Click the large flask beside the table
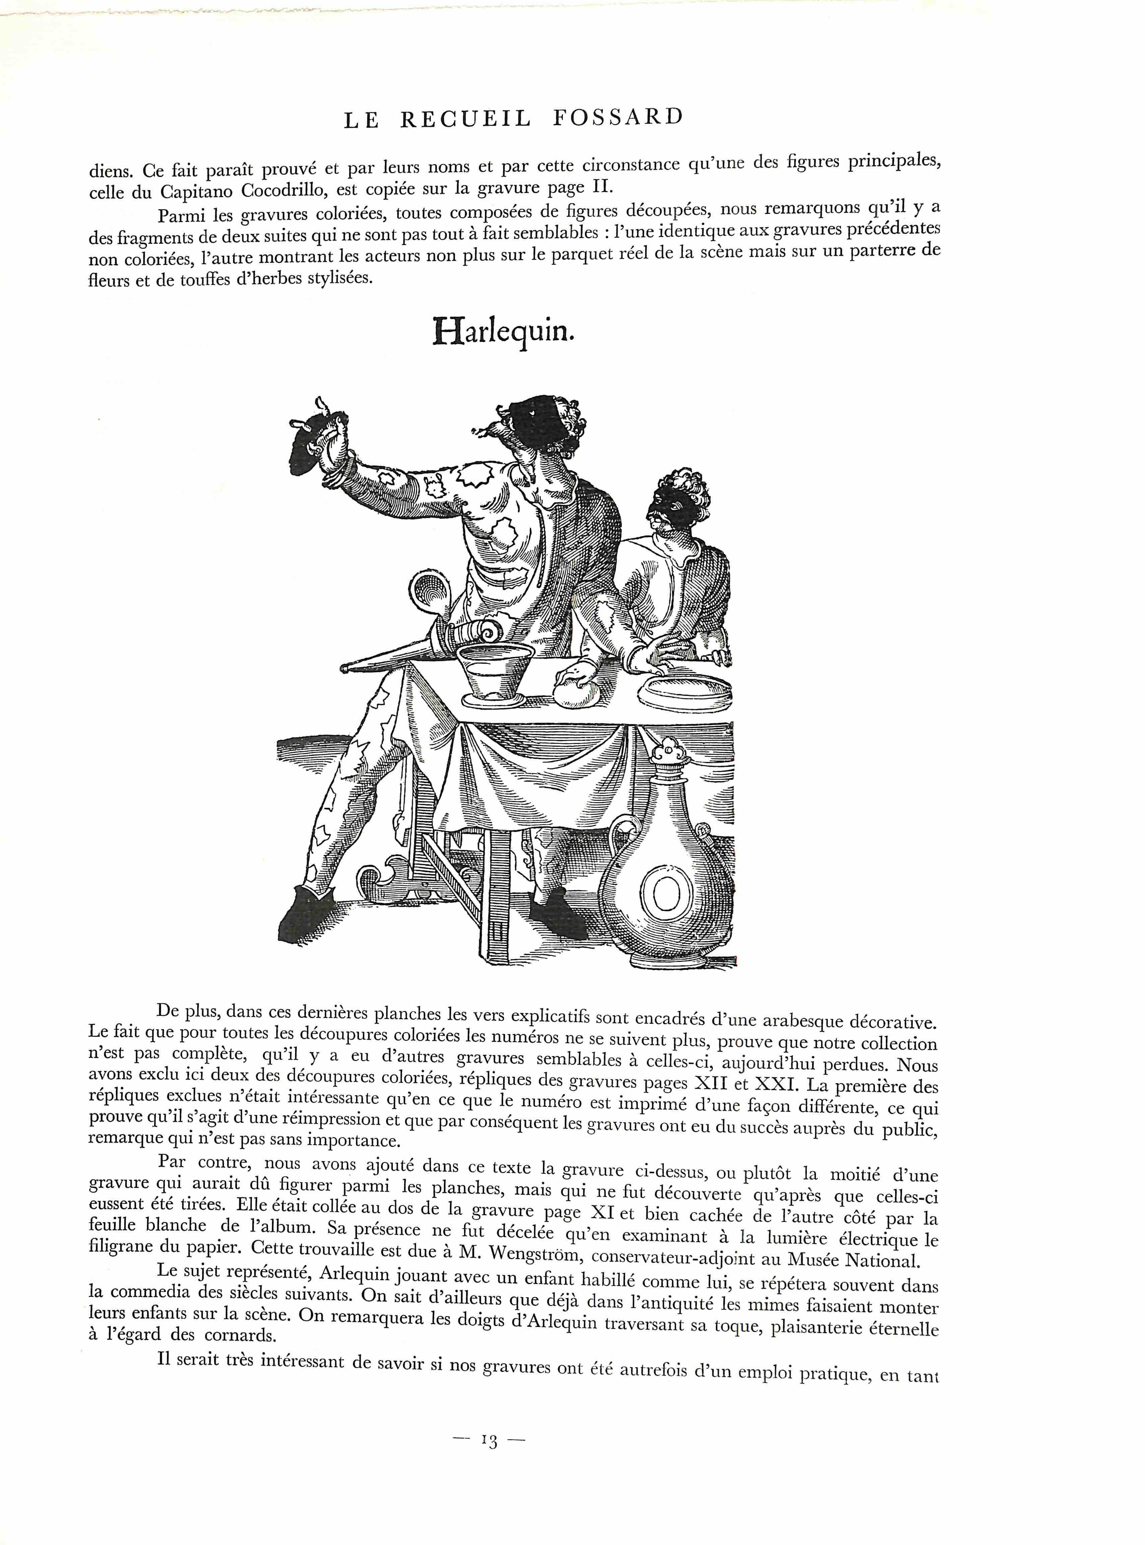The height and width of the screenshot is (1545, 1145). tap(665, 880)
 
